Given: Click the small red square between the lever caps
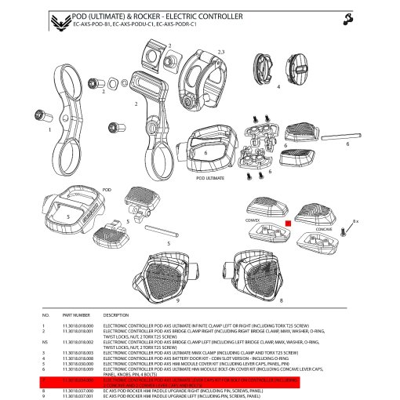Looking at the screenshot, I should (x=288, y=224).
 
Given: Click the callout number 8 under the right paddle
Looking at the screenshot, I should (x=281, y=300).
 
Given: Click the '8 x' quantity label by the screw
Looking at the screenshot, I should (x=355, y=222).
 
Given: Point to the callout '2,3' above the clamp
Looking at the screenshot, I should (x=220, y=52).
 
